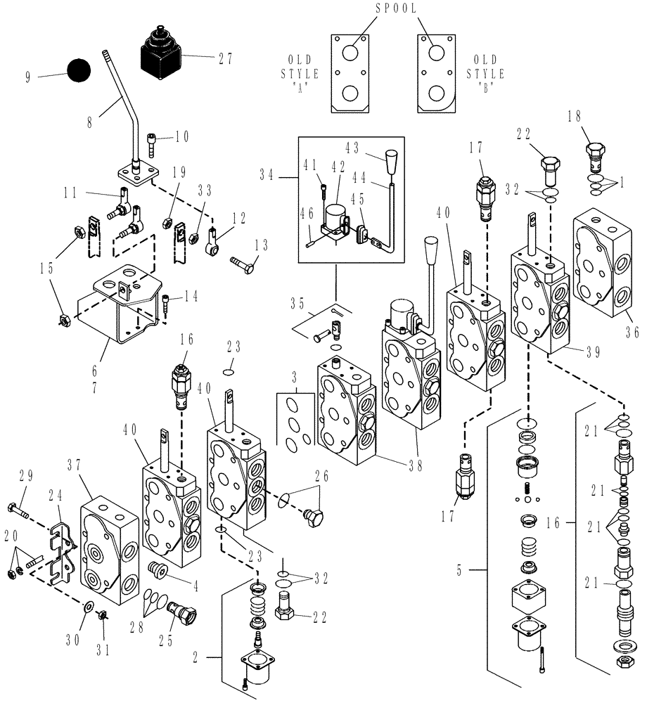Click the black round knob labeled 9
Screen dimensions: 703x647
pyautogui.click(x=79, y=72)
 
